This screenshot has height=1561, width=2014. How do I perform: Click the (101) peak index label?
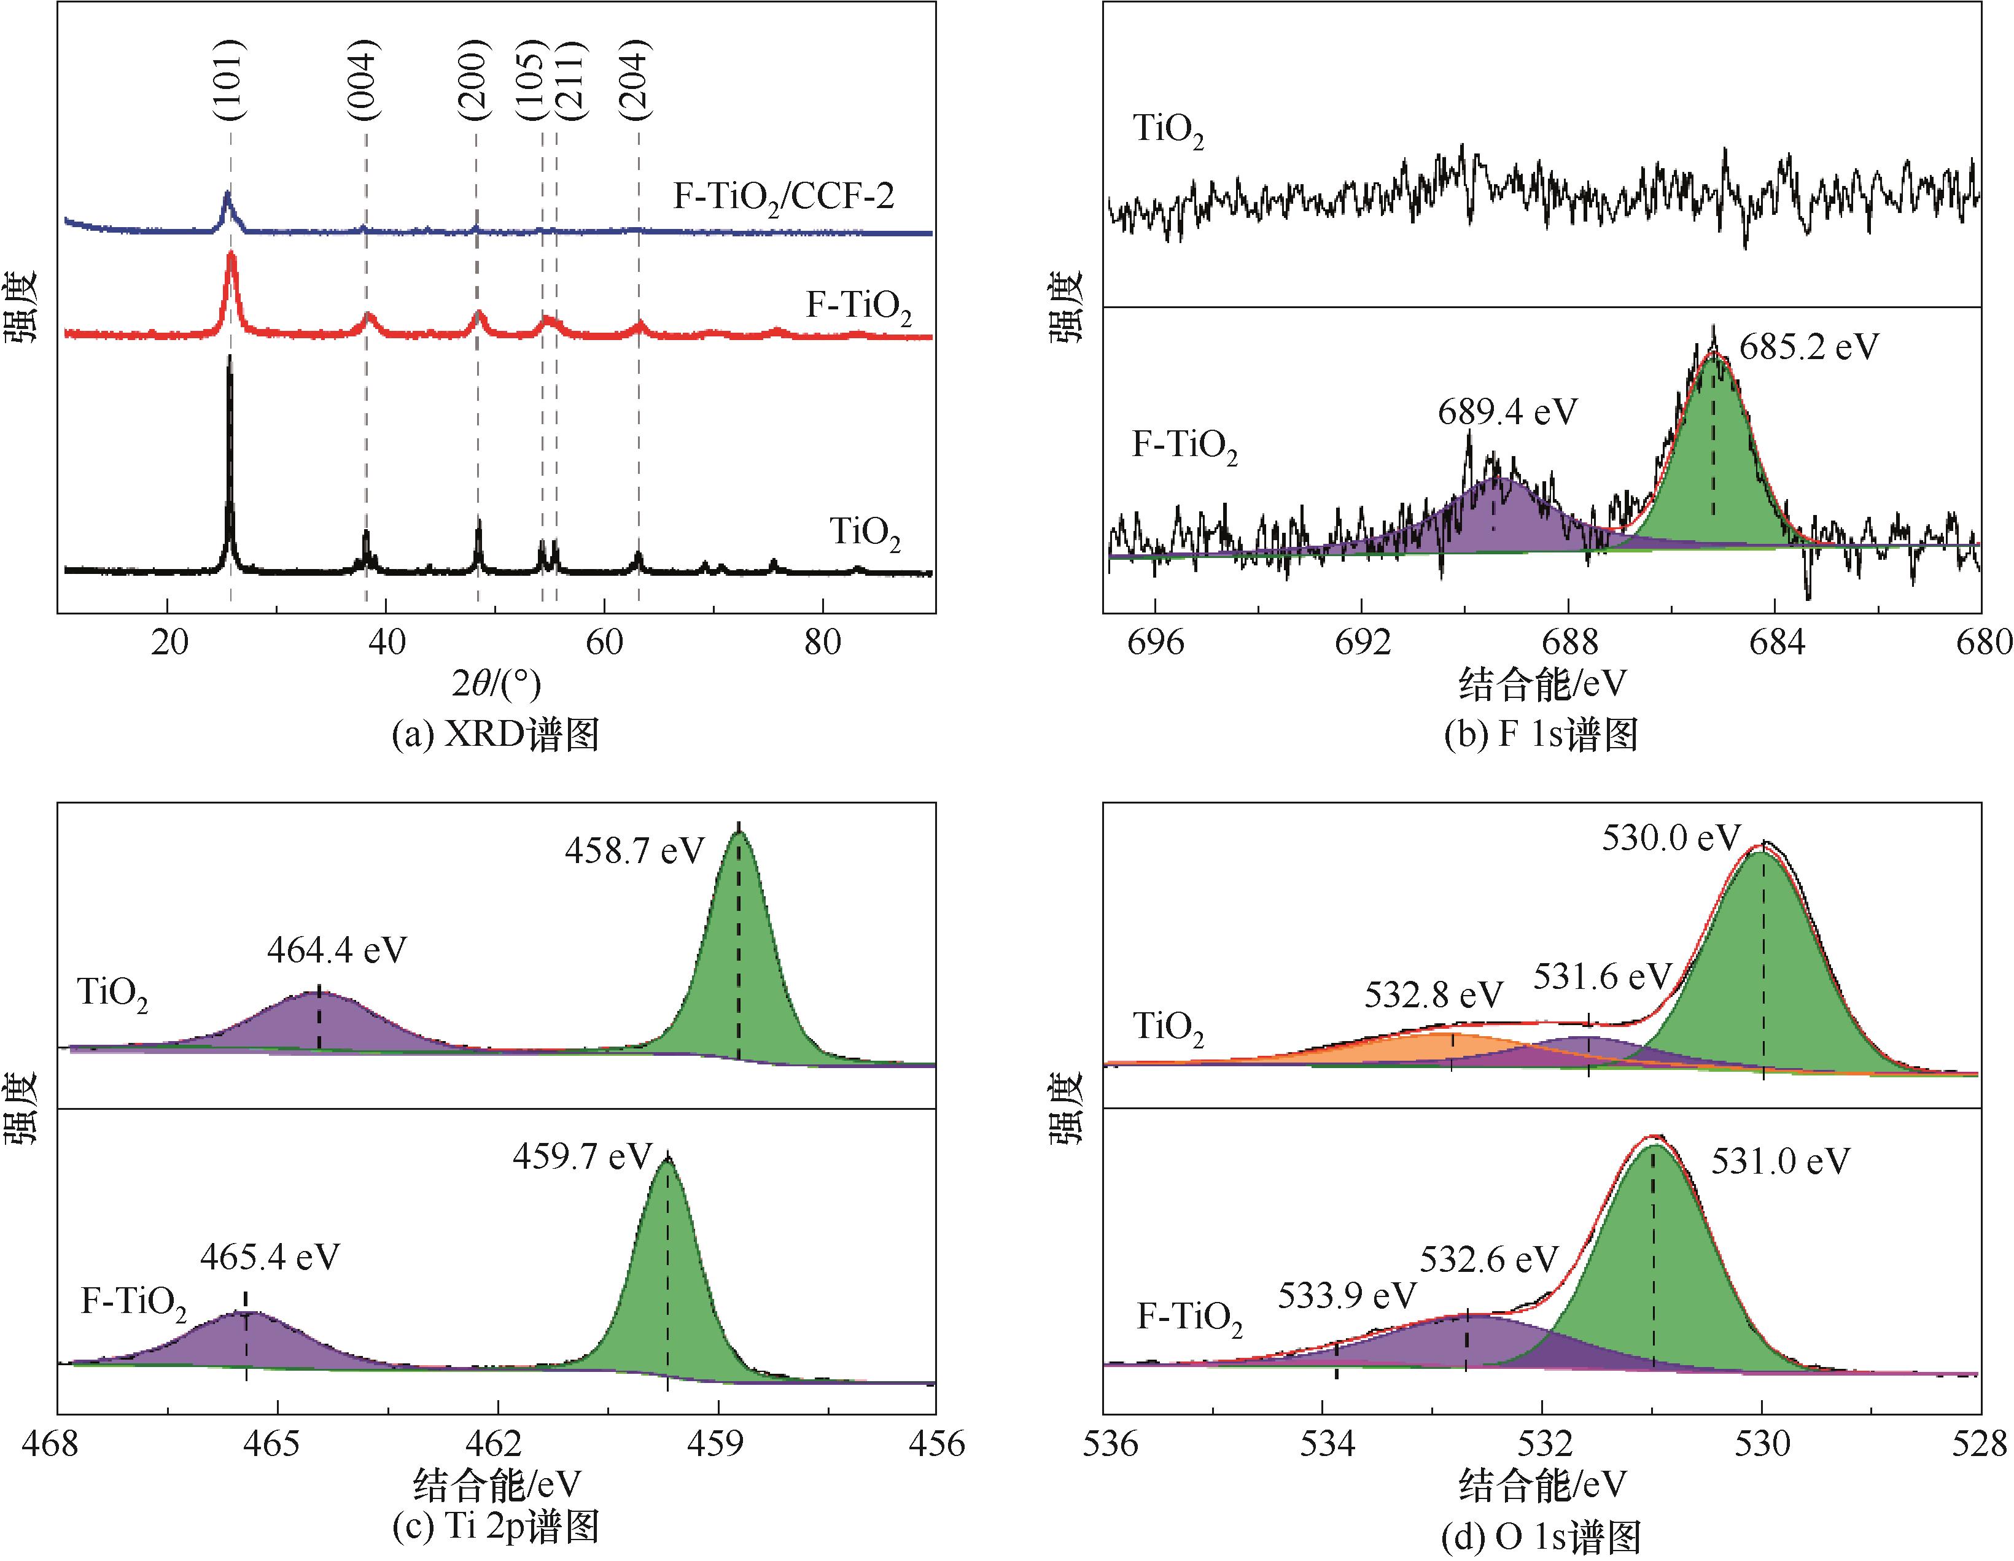coord(228,80)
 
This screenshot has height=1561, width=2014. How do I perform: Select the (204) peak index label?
coord(636,80)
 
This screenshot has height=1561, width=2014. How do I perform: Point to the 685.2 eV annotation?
coord(1808,347)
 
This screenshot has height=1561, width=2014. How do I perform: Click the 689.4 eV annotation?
coord(1507,412)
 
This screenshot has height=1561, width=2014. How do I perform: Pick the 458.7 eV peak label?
coord(634,850)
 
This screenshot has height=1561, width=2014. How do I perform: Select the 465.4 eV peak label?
coord(270,1257)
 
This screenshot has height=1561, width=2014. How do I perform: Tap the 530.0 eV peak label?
coord(1671,838)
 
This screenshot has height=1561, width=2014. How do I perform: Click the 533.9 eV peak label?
coord(1347,1295)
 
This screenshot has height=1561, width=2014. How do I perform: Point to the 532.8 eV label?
coord(1434,995)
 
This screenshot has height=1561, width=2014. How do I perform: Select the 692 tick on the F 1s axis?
coord(1363,643)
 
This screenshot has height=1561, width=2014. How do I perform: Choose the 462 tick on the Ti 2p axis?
coord(498,1443)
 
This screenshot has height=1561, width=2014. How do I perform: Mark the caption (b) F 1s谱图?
coord(1541,735)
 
